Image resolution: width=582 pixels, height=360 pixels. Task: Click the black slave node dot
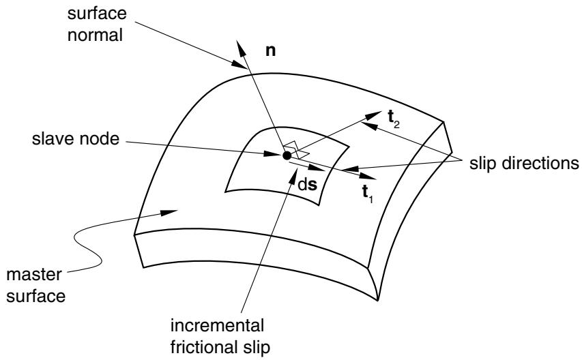tap(287, 155)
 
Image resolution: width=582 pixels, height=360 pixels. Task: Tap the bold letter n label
tap(271, 51)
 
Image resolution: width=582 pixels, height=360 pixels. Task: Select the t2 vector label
tap(394, 119)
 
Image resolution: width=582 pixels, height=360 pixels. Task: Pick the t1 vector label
tap(368, 194)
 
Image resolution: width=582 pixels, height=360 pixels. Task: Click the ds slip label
tap(308, 185)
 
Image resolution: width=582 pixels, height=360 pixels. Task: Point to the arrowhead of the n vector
tap(239, 48)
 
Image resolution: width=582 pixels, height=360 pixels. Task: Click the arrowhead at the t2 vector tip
tap(373, 115)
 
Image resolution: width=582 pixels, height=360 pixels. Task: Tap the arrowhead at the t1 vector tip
tap(367, 176)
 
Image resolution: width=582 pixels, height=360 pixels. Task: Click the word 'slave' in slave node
tap(52, 139)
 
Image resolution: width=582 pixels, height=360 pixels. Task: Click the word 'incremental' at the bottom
tap(217, 326)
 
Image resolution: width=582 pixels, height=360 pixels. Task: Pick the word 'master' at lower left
tap(34, 275)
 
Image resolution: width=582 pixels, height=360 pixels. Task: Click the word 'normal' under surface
tap(95, 35)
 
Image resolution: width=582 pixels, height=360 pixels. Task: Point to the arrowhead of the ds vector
tap(317, 168)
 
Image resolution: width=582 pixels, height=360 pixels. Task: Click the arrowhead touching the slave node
tap(273, 153)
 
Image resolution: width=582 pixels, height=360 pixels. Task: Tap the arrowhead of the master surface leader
tap(169, 213)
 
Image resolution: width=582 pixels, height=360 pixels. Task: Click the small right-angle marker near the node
tap(296, 150)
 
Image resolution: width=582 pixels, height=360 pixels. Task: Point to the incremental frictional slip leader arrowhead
tap(293, 176)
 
